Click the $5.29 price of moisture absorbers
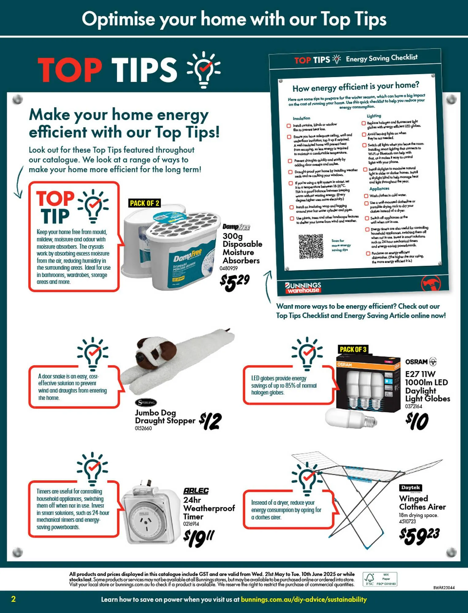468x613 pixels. tap(235, 282)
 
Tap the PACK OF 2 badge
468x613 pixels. tap(144, 203)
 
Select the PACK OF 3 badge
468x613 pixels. tap(353, 349)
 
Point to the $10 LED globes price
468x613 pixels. tap(417, 421)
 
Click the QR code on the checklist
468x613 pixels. tap(311, 246)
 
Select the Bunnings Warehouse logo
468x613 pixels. tap(303, 287)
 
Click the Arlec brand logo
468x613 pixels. tap(196, 491)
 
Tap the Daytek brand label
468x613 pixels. tap(411, 487)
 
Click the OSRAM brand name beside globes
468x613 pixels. tap(416, 362)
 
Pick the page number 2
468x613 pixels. tap(13, 599)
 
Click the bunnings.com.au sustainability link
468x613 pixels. tap(304, 599)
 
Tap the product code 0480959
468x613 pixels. tap(229, 268)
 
